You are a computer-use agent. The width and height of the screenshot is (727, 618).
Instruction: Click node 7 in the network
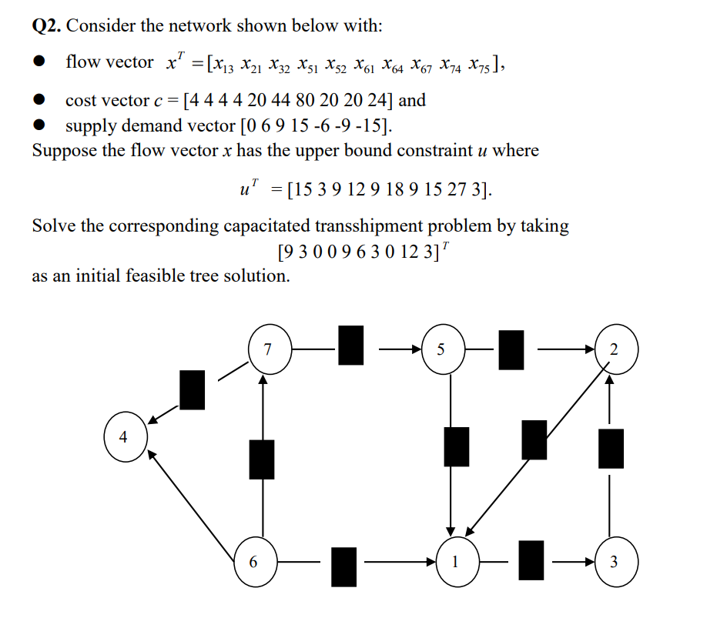[267, 349]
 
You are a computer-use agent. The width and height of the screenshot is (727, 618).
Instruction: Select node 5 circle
[440, 349]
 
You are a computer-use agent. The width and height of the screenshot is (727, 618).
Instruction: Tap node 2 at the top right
[613, 349]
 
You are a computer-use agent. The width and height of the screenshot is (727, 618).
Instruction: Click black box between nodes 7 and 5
[351, 345]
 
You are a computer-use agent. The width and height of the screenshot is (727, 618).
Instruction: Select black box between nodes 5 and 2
[511, 349]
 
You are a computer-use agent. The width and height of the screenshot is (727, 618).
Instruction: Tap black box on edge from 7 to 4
[193, 389]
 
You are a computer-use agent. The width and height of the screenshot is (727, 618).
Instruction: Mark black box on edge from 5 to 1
[457, 446]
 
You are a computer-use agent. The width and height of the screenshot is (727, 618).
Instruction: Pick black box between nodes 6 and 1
[344, 566]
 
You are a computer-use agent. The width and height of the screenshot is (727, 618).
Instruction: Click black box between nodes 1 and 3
[531, 560]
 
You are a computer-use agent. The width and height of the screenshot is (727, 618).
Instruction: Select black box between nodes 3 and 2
[611, 448]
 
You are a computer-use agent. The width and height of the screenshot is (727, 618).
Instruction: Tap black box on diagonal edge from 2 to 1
[534, 440]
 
